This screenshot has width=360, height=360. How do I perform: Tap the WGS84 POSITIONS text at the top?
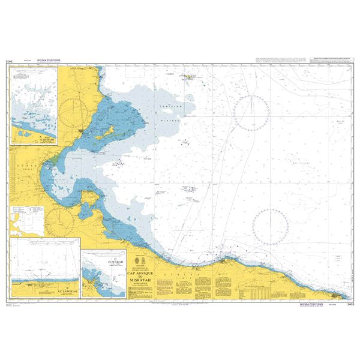coord(49,61)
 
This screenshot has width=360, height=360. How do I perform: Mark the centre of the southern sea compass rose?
coord(271,226)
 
